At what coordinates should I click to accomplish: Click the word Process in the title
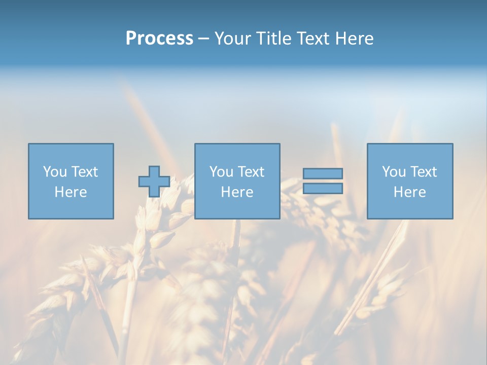pos(159,39)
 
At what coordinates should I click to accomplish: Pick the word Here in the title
pos(355,39)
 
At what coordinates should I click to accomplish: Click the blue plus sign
pos(154,181)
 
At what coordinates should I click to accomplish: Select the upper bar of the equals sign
pos(323,173)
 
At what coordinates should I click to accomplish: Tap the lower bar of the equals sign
pos(323,189)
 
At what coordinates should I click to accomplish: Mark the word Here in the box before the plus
pos(71,192)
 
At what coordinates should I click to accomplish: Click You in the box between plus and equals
pos(221,172)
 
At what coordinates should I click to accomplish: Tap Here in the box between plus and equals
pos(237,192)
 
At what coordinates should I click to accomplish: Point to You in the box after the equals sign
pos(393,172)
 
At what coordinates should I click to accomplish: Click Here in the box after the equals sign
pos(409,192)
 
